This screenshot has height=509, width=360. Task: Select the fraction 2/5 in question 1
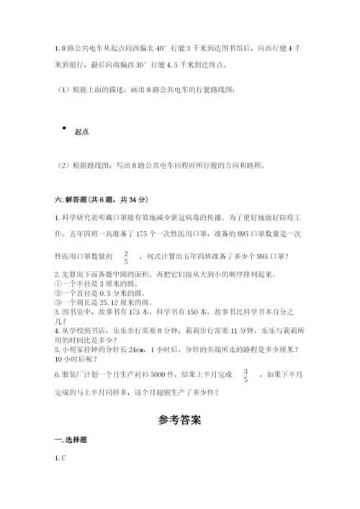click(126, 256)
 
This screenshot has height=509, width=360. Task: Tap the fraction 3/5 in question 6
click(246, 376)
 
